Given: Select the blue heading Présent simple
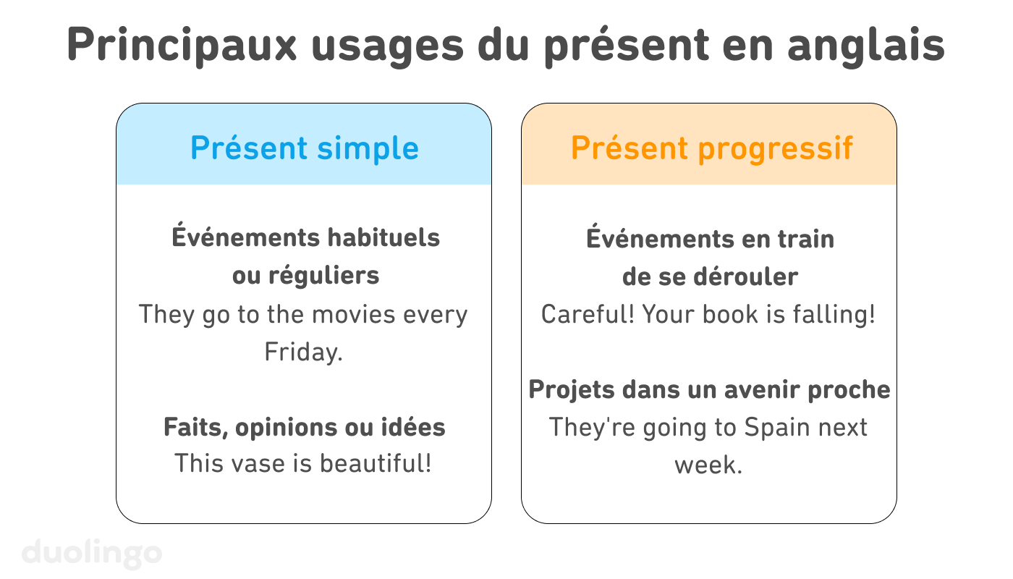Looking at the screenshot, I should tap(304, 148).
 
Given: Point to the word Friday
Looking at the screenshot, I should tap(302, 352).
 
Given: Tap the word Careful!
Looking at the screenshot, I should tap(588, 315).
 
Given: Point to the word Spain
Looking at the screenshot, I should tap(776, 427).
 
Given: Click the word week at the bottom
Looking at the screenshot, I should tap(708, 465).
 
